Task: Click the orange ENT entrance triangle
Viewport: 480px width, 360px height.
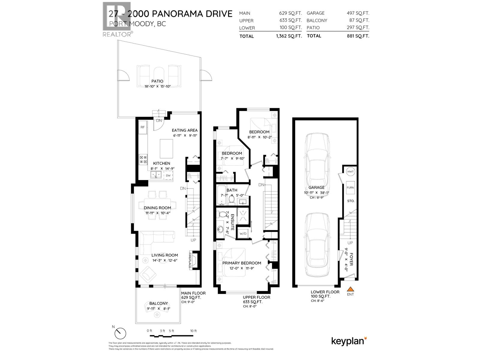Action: tap(350, 289)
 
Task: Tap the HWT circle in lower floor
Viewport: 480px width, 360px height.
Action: tap(350, 172)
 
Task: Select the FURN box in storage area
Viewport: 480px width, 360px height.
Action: tap(350, 187)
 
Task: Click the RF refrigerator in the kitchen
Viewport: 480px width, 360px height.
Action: tap(143, 127)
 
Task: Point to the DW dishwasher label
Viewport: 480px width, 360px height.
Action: tap(168, 175)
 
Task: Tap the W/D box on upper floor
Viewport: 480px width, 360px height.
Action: tap(242, 233)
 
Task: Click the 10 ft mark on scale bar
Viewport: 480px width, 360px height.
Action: tap(193, 331)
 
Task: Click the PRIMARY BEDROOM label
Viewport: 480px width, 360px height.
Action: tap(241, 263)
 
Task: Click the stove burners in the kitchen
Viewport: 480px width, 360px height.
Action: tap(143, 160)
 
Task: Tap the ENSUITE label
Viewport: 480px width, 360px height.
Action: tap(232, 222)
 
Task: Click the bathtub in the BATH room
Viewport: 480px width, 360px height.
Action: tap(221, 195)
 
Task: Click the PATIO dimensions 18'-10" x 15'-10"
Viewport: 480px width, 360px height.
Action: tap(157, 86)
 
